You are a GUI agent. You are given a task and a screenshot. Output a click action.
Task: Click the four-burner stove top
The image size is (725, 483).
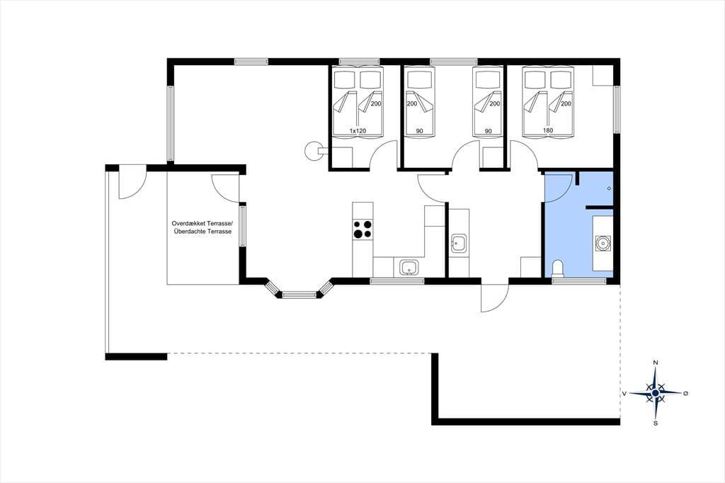click(362, 229)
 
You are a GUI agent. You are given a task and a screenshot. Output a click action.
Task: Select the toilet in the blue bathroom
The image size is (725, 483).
click(559, 269)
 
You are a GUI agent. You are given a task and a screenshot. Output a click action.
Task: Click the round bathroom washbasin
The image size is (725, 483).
click(603, 243)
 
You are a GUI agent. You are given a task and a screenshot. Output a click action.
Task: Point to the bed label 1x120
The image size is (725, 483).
click(358, 131)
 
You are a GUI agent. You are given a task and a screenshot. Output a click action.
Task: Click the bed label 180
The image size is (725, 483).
click(548, 130)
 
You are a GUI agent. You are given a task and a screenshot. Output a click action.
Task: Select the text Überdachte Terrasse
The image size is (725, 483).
click(202, 232)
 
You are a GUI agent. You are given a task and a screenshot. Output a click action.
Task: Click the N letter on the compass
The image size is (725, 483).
click(655, 363)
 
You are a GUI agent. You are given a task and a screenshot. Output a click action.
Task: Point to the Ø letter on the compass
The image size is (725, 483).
click(685, 393)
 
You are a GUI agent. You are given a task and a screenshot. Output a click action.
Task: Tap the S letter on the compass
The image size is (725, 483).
click(656, 423)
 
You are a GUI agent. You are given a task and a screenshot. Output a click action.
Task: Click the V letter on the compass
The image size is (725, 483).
click(624, 394)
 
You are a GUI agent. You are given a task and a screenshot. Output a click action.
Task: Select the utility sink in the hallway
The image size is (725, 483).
click(459, 243)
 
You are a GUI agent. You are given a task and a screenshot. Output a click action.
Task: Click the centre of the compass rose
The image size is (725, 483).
click(655, 393)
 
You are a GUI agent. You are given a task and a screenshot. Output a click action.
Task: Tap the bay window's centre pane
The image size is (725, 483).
click(299, 294)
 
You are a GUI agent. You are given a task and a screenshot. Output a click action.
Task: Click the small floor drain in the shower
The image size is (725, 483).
click(609, 188)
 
